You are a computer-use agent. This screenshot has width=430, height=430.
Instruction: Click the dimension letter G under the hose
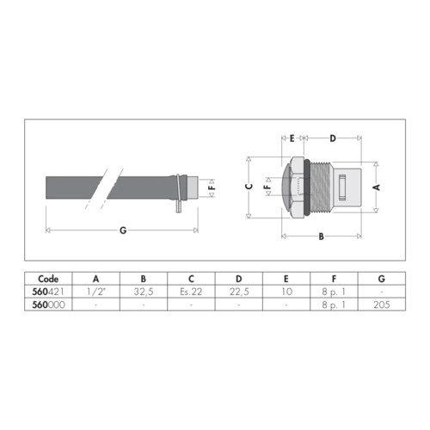tap(123, 230)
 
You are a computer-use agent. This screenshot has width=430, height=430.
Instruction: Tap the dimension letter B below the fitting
tap(322, 236)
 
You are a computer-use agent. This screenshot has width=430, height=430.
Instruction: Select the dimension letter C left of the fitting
tap(249, 187)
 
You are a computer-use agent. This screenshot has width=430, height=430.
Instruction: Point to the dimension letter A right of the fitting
tap(377, 187)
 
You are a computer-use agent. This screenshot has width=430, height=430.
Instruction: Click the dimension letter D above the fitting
tap(333, 138)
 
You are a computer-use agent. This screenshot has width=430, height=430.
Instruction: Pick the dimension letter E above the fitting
tap(292, 138)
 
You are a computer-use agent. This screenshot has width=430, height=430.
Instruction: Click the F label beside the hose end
tap(212, 188)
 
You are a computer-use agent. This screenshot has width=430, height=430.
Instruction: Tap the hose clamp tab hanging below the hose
tap(179, 206)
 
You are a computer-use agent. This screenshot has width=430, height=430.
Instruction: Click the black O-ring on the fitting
tap(307, 187)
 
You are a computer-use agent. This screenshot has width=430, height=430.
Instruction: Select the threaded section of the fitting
tap(321, 187)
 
